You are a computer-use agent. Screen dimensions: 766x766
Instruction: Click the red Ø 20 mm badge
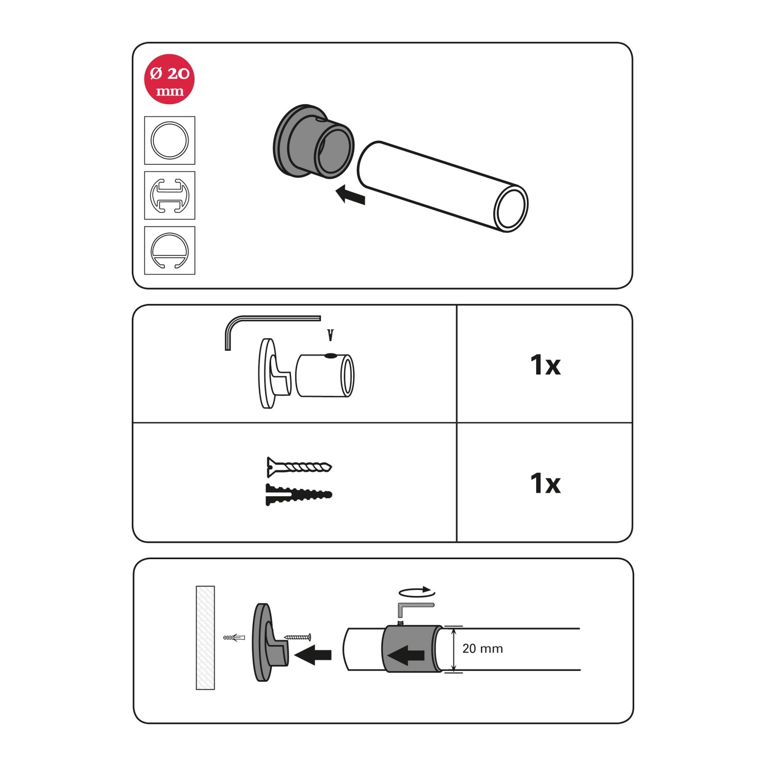tap(170, 80)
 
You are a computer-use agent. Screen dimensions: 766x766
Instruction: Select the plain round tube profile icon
tap(170, 140)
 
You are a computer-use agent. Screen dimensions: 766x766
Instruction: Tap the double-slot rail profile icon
tap(170, 196)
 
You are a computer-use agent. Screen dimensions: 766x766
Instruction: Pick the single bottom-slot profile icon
tap(170, 251)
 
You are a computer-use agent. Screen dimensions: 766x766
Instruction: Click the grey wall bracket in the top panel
tap(313, 141)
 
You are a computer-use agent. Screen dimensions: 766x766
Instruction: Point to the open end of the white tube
tap(511, 209)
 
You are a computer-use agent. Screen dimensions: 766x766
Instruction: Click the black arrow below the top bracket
tap(351, 195)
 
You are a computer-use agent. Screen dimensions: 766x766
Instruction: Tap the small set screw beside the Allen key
tap(330, 335)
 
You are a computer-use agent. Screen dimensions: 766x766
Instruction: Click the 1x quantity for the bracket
tap(545, 365)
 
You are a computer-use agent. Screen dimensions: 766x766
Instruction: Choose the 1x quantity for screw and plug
tap(545, 483)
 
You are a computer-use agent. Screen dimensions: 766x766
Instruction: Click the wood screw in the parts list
tap(299, 467)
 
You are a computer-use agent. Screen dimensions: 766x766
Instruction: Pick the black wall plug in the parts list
tap(299, 494)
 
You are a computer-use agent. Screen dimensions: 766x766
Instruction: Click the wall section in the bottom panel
tap(205, 638)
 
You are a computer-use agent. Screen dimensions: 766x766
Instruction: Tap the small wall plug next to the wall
tap(234, 637)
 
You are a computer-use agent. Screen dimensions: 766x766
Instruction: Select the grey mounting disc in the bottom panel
tap(270, 642)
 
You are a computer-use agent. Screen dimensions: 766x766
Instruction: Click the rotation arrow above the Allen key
tap(417, 593)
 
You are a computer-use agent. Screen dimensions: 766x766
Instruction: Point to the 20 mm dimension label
tap(483, 649)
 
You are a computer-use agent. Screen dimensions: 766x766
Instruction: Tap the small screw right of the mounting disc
tap(297, 637)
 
